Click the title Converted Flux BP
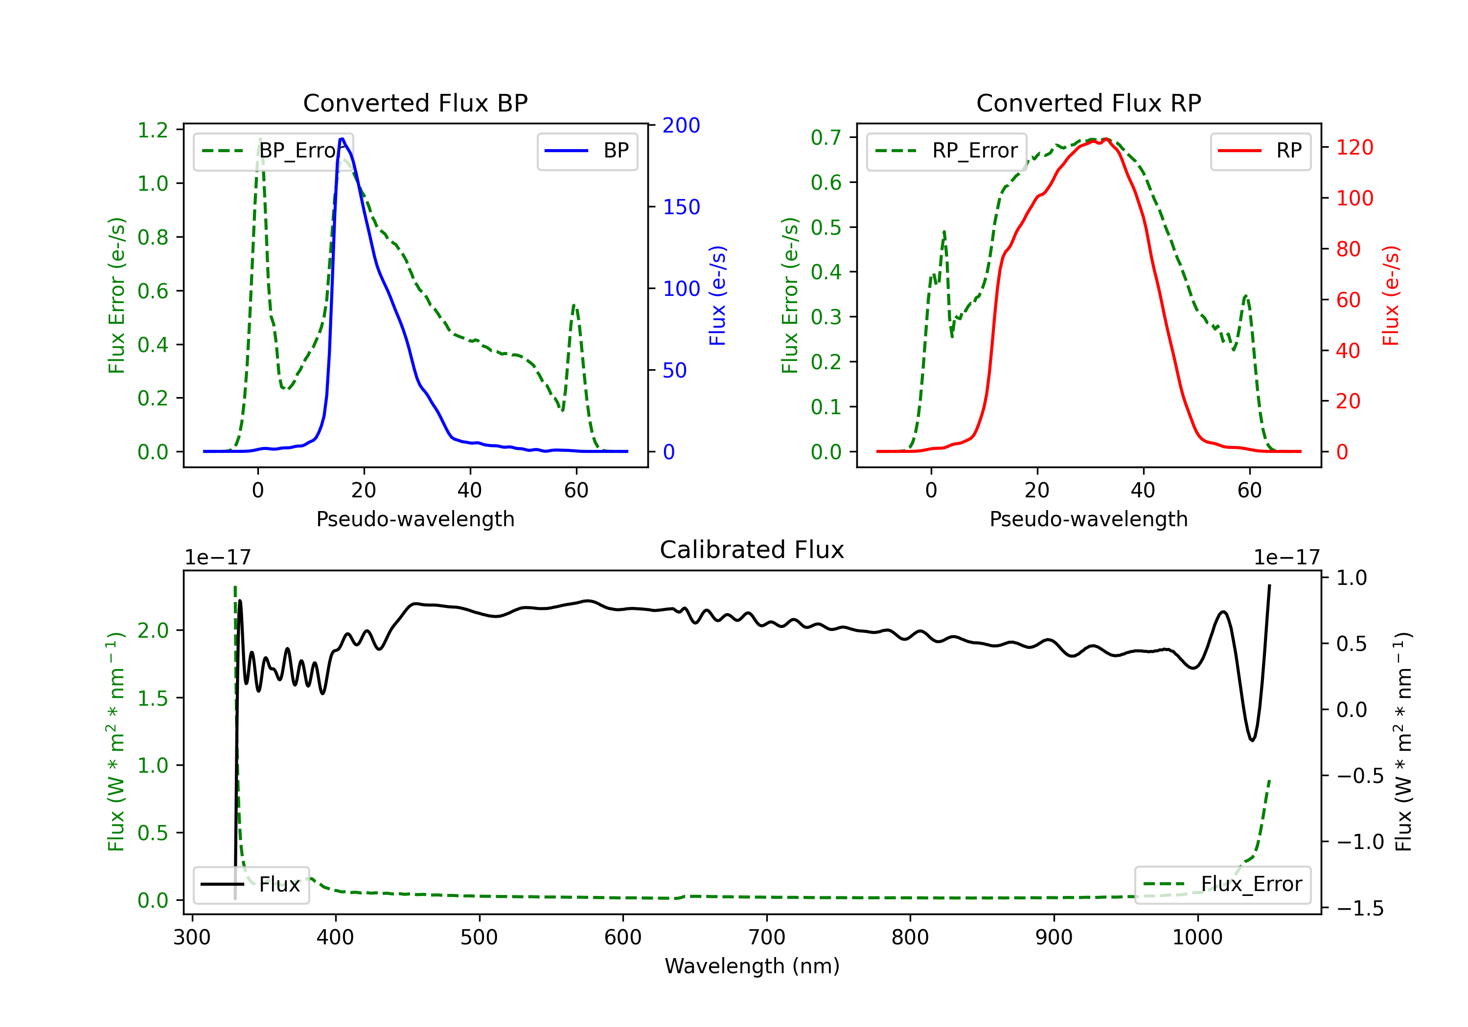[415, 103]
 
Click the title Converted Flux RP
[1088, 103]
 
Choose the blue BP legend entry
[587, 151]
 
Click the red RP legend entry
[1260, 151]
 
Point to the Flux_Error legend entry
[1222, 885]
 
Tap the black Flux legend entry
[251, 885]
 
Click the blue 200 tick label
[681, 125]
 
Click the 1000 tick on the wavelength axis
[1197, 938]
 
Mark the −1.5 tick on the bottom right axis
[1359, 908]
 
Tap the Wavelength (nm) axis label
[752, 966]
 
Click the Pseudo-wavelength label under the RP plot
[1088, 519]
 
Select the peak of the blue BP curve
[342, 139]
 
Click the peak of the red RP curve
[1105, 139]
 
